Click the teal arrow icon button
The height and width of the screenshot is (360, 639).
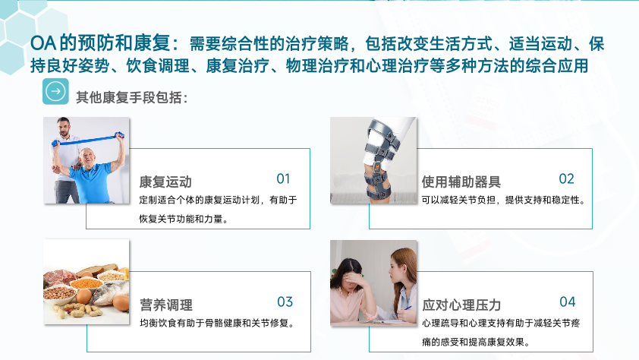tap(55, 91)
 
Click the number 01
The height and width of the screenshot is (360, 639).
tap(283, 178)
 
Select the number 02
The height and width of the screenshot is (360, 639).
tap(566, 178)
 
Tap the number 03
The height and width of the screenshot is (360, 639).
tap(285, 302)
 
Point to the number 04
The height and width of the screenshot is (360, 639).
tap(567, 302)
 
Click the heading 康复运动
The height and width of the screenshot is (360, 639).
tap(165, 182)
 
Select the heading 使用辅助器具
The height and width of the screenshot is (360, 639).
tap(461, 182)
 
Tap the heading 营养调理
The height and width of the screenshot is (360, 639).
tap(166, 305)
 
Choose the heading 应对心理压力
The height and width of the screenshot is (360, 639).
tap(461, 305)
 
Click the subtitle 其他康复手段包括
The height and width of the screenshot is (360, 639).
tap(131, 97)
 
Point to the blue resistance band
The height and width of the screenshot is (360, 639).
tap(87, 140)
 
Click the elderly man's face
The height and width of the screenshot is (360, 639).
tap(87, 157)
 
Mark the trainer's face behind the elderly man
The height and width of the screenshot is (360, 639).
tap(64, 128)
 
